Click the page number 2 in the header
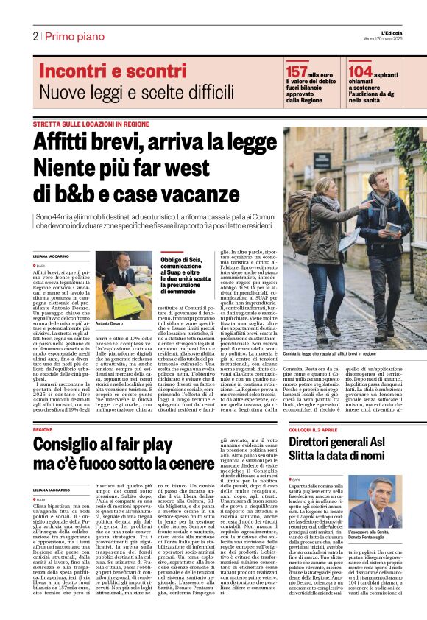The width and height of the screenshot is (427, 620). click(x=35, y=36)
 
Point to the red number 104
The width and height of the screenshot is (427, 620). click(x=360, y=71)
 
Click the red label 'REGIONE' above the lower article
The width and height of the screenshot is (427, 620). click(x=43, y=429)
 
